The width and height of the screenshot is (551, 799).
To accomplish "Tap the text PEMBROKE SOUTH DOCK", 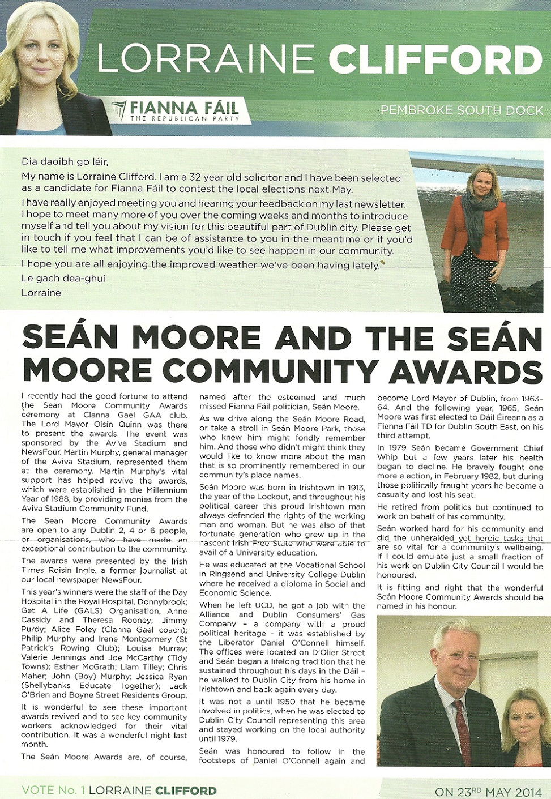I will pyautogui.click(x=462, y=110).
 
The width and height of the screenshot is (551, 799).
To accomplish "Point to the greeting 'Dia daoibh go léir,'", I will pyautogui.click(x=65, y=162).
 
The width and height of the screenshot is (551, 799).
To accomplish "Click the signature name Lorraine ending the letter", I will pyautogui.click(x=41, y=293).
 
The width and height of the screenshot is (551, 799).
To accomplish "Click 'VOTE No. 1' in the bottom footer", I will pyautogui.click(x=53, y=791).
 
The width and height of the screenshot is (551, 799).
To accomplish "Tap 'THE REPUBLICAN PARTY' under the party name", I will pyautogui.click(x=185, y=119).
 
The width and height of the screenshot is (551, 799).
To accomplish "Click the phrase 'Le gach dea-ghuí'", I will pyautogui.click(x=63, y=279).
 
